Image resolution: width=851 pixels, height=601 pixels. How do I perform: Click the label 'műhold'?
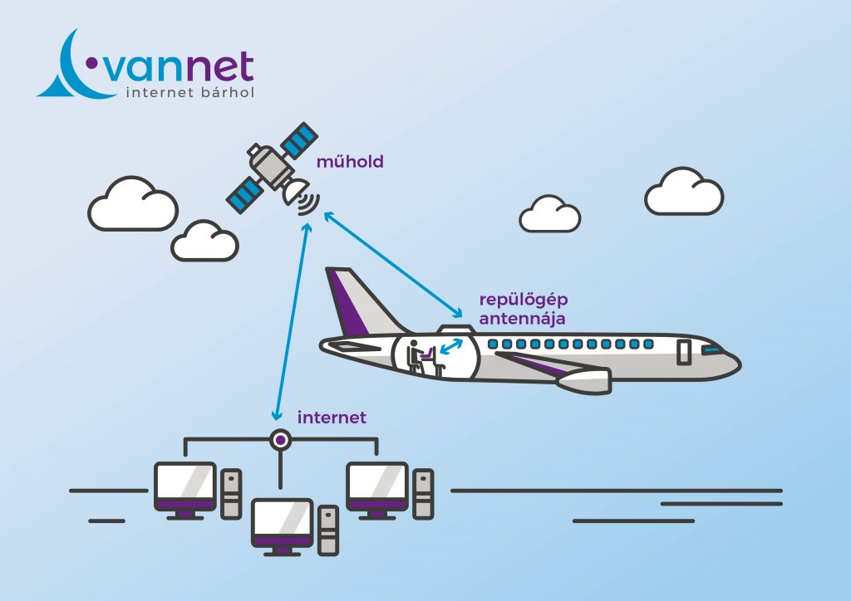coord(350,162)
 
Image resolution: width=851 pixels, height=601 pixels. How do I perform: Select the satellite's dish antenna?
coord(294,192)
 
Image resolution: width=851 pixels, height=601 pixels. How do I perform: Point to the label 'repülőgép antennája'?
coord(522,308)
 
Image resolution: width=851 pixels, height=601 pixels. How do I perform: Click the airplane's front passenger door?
coord(684,351)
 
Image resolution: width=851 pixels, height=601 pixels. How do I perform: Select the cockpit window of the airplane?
coord(713,351)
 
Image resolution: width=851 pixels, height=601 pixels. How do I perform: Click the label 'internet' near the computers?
coord(332,418)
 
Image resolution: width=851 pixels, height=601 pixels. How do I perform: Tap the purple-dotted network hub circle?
coord(282,439)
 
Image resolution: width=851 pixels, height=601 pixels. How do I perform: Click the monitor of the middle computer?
coord(282,522)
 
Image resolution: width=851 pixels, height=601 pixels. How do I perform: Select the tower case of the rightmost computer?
coord(423,495)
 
